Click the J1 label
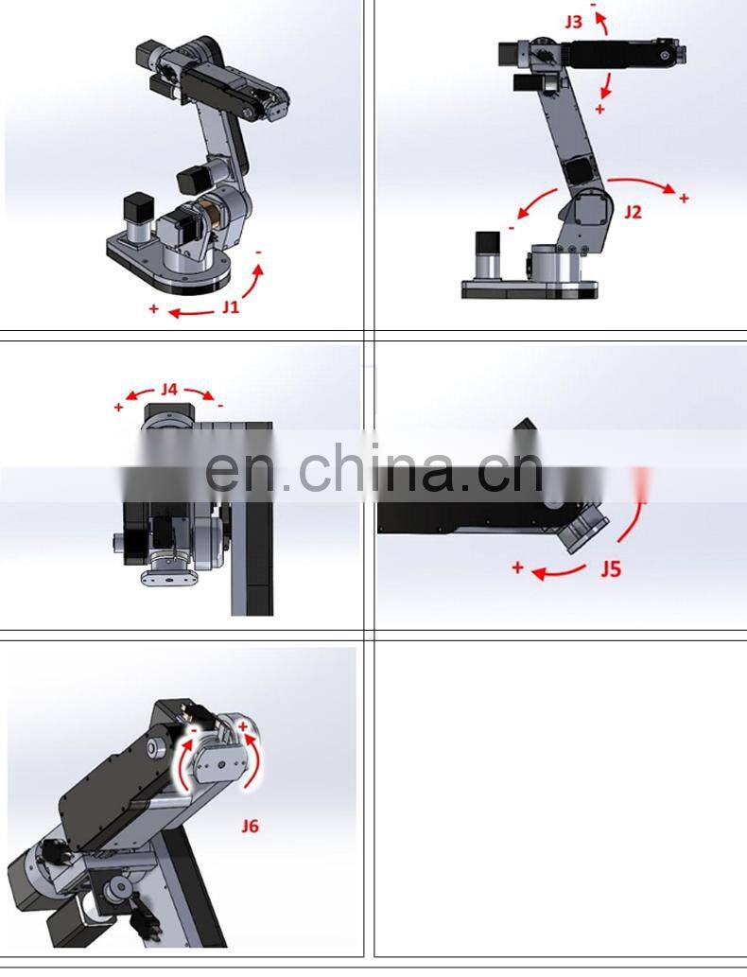click(232, 306)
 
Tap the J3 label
click(574, 21)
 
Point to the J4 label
click(169, 389)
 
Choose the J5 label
click(611, 569)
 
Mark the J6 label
click(250, 826)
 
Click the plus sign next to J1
click(154, 308)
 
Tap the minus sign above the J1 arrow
click(259, 253)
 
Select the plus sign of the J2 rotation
click(684, 198)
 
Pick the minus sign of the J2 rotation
click(512, 227)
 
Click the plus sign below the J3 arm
click(599, 110)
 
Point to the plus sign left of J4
click(118, 407)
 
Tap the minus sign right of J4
click(220, 405)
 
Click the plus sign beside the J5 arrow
click(517, 567)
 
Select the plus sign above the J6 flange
click(242, 726)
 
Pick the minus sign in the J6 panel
click(192, 731)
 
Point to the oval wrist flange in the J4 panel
click(166, 574)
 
